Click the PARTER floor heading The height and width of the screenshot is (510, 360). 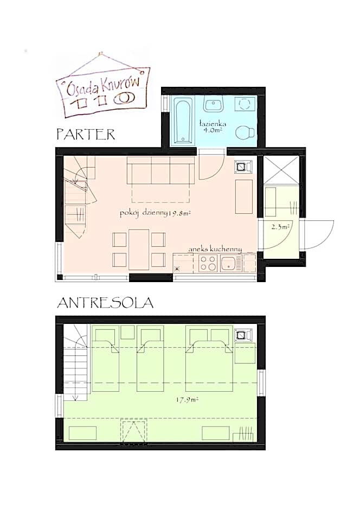click(86, 135)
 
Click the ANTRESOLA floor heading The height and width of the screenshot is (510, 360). click(105, 303)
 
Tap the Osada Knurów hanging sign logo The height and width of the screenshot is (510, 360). click(102, 86)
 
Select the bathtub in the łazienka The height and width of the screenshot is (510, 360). click(183, 120)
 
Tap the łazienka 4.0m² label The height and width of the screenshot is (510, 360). click(213, 127)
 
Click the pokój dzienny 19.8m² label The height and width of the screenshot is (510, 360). click(155, 214)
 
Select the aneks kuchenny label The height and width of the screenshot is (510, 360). click(215, 249)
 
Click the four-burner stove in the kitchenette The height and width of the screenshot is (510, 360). click(208, 263)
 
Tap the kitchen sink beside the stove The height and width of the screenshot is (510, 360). click(231, 263)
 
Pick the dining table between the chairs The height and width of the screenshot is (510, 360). click(139, 250)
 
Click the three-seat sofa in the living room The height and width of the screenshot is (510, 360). click(160, 170)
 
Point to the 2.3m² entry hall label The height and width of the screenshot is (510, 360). click(280, 227)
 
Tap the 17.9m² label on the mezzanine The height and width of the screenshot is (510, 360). click(187, 400)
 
